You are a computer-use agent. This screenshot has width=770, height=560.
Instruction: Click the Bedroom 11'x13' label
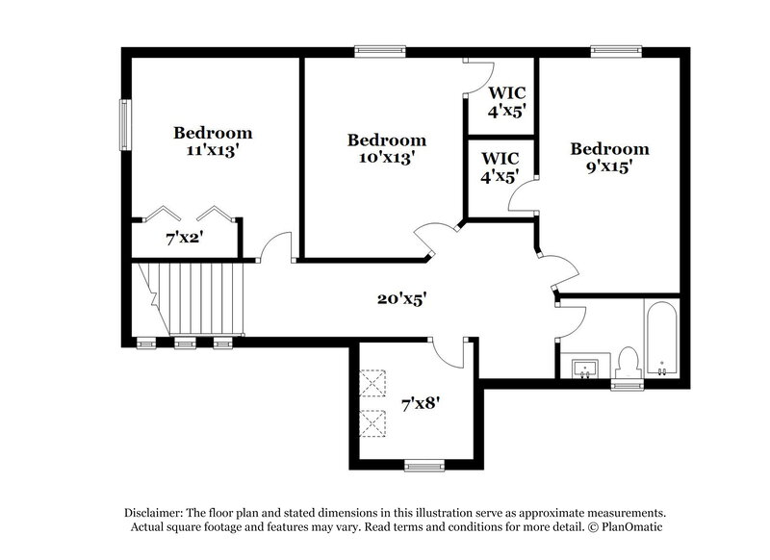click(213, 141)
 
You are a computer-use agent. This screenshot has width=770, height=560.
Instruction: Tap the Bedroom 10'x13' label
click(387, 149)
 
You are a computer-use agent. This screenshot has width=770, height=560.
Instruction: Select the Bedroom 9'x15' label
click(609, 158)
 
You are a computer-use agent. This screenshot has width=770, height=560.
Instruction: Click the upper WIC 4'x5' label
click(506, 101)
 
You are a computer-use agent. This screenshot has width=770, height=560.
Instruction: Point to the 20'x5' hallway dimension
click(401, 298)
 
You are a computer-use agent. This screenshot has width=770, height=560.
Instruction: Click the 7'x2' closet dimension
click(179, 237)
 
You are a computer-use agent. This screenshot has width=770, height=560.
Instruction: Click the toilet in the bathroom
click(628, 363)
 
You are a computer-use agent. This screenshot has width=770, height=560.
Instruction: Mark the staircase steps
click(197, 298)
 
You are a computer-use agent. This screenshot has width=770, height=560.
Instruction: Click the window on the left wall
click(123, 125)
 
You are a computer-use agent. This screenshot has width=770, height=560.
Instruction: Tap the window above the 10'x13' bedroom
click(372, 52)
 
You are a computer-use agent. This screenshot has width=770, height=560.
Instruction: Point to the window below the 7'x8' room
click(423, 467)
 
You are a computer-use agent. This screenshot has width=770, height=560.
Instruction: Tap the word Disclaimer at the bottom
click(155, 513)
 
